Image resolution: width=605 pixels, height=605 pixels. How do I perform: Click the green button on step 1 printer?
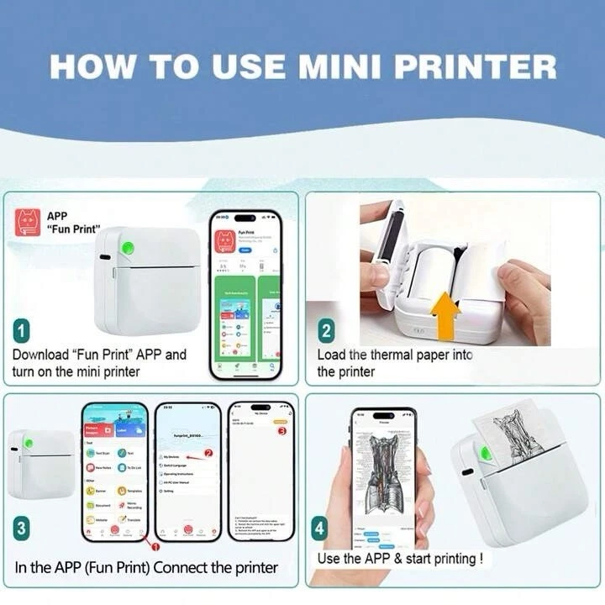click(129, 248)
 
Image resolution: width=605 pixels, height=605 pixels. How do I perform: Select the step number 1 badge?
click(22, 329)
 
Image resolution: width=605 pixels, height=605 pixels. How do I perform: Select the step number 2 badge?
click(326, 331)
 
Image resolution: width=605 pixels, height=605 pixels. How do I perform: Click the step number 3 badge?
click(22, 529)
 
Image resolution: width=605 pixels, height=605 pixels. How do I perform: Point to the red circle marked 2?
click(209, 453)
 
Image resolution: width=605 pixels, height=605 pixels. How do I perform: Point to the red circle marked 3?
click(281, 431)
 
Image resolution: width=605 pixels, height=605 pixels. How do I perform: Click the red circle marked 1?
click(154, 546)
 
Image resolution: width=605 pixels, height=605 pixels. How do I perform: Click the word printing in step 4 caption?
click(449, 558)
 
